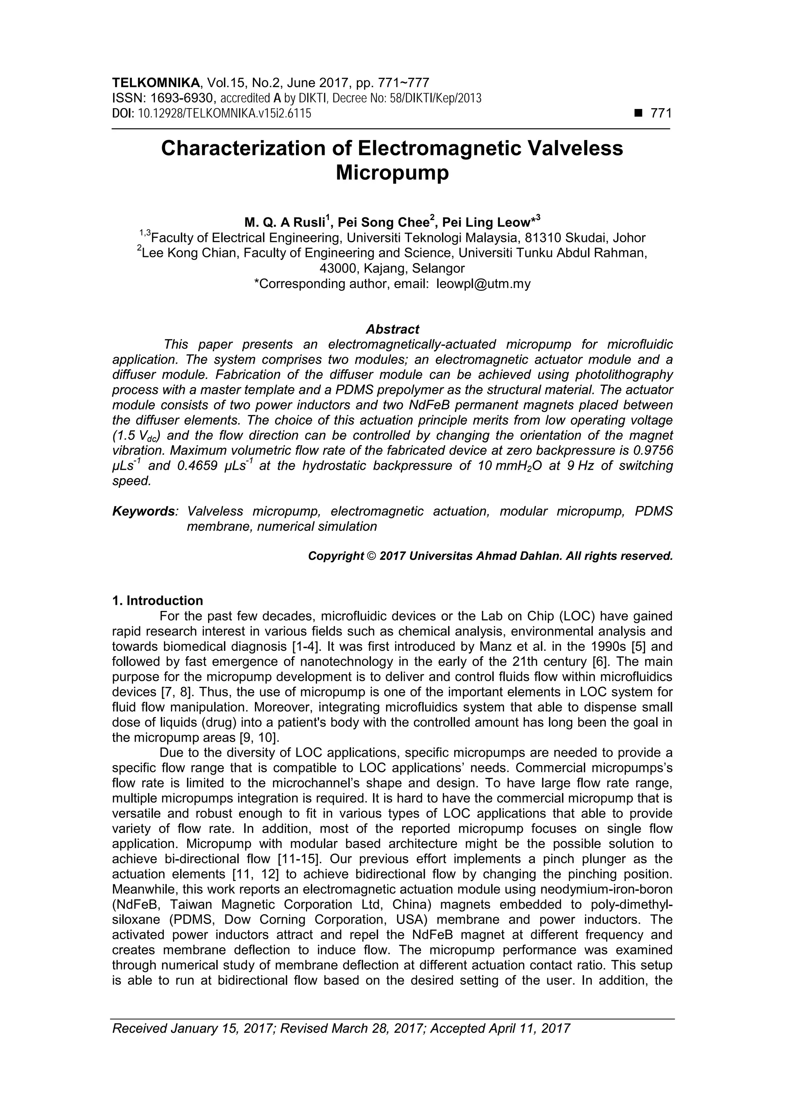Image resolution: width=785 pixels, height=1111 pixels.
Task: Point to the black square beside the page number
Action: pyautogui.click(x=637, y=114)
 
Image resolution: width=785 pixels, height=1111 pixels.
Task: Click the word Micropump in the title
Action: pyautogui.click(x=392, y=173)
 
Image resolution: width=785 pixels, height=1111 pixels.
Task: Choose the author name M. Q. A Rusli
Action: pyautogui.click(x=284, y=222)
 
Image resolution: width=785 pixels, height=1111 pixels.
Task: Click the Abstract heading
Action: pyautogui.click(x=392, y=329)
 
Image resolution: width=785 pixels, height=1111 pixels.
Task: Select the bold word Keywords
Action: pyautogui.click(x=144, y=512)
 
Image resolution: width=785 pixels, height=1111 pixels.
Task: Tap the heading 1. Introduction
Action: pyautogui.click(x=157, y=601)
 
